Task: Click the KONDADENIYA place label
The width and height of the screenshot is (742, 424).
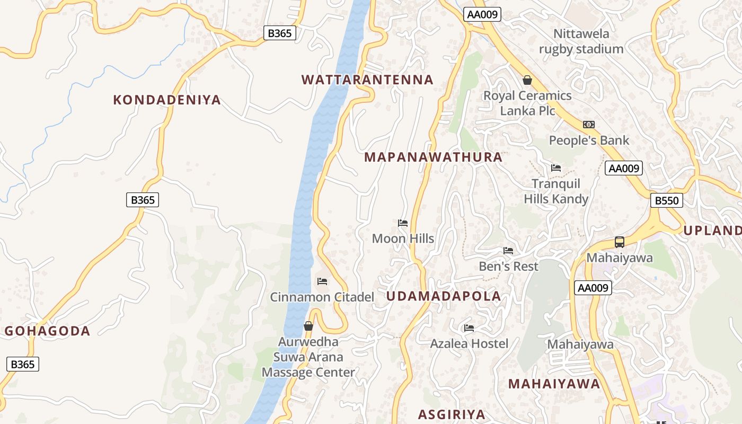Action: point(167,100)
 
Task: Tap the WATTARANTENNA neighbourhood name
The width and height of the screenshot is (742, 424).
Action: point(367,79)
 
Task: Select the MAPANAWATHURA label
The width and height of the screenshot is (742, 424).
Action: point(433,157)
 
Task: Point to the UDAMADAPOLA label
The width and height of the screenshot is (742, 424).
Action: point(444,296)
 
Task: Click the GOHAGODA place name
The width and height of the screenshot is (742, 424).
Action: point(48,331)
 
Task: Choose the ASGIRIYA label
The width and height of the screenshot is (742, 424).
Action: point(452,414)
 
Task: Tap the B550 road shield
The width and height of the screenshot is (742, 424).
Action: point(667,200)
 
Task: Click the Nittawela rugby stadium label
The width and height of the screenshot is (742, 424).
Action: point(581,41)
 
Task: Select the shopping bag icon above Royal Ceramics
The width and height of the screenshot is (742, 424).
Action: point(527,80)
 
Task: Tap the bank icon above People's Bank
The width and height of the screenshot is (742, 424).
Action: point(589,125)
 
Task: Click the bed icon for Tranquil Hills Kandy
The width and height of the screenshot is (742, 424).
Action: point(556,167)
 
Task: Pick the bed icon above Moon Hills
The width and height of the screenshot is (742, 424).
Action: point(403,223)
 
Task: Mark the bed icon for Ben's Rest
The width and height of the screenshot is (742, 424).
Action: point(508,250)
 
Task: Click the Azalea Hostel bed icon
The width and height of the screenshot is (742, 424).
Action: point(469,328)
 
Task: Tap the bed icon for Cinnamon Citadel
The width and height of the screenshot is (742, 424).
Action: point(322,281)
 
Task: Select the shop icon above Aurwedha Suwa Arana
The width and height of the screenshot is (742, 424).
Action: point(308,325)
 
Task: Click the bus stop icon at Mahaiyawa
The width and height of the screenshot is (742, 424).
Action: point(620,242)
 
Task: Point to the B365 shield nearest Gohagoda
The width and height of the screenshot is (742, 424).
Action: point(23,364)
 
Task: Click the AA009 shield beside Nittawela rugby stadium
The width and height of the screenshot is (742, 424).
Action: point(482,14)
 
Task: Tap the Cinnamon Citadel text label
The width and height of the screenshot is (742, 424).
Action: point(322,297)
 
